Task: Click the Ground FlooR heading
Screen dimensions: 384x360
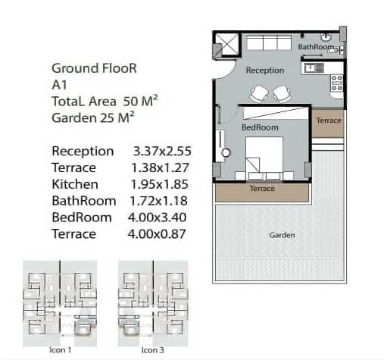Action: pyautogui.click(x=94, y=68)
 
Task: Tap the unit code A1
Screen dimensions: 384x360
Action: pyautogui.click(x=59, y=85)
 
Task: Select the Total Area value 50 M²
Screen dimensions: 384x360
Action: pyautogui.click(x=140, y=101)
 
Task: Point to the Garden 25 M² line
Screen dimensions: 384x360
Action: pyautogui.click(x=93, y=117)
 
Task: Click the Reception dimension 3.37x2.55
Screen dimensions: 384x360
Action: pyautogui.click(x=162, y=151)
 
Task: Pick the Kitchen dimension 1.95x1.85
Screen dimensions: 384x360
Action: pyautogui.click(x=160, y=184)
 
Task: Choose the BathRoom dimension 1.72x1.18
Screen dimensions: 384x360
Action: pyautogui.click(x=158, y=201)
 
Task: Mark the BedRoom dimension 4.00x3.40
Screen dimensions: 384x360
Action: pyautogui.click(x=157, y=218)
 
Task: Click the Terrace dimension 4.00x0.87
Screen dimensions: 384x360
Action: pyautogui.click(x=157, y=234)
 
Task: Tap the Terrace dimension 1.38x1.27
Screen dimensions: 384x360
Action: pyautogui.click(x=160, y=167)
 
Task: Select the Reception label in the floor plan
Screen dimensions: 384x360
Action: pyautogui.click(x=265, y=70)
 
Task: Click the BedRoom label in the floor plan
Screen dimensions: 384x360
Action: pyautogui.click(x=260, y=127)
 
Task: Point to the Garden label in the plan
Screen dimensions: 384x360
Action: pyautogui.click(x=282, y=235)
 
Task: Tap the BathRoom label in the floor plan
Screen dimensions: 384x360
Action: pyautogui.click(x=316, y=47)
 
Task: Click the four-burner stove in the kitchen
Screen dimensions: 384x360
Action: pyautogui.click(x=337, y=83)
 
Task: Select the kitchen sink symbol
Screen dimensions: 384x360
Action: pyautogui.click(x=314, y=67)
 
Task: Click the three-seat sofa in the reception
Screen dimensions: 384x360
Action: pyautogui.click(x=269, y=43)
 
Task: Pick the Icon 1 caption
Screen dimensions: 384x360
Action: pyautogui.click(x=60, y=350)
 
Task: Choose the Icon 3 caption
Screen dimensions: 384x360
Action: pyautogui.click(x=152, y=350)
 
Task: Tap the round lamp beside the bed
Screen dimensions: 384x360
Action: pyautogui.click(x=226, y=152)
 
